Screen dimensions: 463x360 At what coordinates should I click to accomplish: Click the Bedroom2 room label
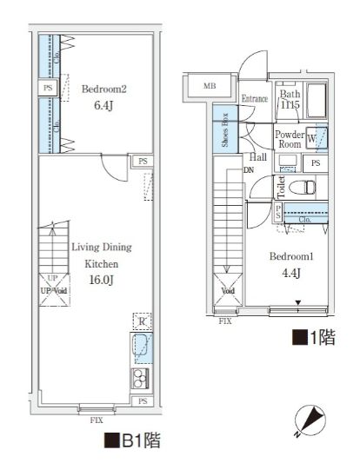pyautogui.click(x=104, y=89)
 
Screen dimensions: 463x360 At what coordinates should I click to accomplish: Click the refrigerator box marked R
pyautogui.click(x=142, y=321)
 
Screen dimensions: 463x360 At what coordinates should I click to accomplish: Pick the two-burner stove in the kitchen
pyautogui.click(x=140, y=378)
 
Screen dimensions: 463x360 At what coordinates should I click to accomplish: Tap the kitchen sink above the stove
pyautogui.click(x=142, y=349)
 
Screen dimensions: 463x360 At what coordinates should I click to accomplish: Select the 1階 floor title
pyautogui.click(x=314, y=336)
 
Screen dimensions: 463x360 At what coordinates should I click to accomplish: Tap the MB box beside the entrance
pyautogui.click(x=210, y=86)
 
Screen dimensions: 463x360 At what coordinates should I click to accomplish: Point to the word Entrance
pyautogui.click(x=254, y=97)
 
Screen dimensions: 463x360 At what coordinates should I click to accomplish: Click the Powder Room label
pyautogui.click(x=288, y=141)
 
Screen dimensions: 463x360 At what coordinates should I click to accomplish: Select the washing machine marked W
pyautogui.click(x=317, y=139)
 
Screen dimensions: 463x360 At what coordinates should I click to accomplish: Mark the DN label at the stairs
pyautogui.click(x=249, y=170)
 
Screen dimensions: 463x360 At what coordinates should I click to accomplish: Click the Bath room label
pyautogui.click(x=290, y=96)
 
